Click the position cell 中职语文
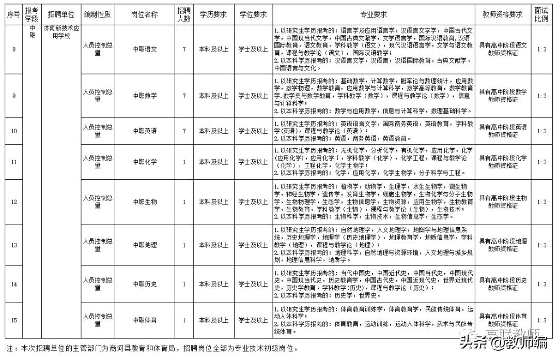click(145, 49)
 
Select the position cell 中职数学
click(145, 96)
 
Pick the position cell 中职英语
click(145, 131)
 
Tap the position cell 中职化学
click(145, 162)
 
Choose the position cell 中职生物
click(145, 202)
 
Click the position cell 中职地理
click(145, 245)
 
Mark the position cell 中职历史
click(145, 284)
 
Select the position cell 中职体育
click(145, 320)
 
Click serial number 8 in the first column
click(13, 49)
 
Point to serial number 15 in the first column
click(13, 320)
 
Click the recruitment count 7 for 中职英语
click(184, 131)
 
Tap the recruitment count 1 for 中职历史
click(184, 284)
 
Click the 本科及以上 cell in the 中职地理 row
click(213, 245)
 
